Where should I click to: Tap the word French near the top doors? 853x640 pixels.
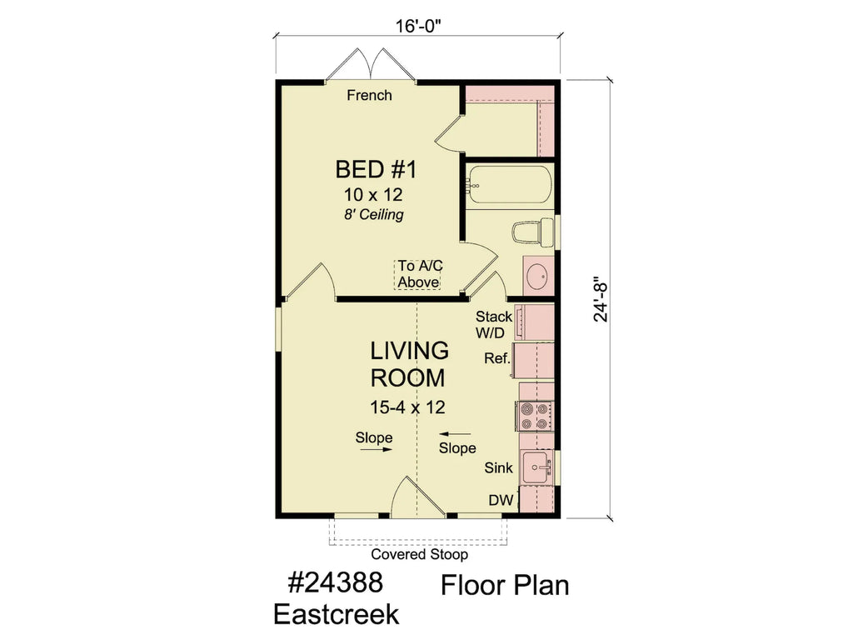tap(369, 96)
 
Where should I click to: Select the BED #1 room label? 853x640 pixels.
tap(375, 170)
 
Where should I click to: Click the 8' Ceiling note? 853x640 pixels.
tap(374, 215)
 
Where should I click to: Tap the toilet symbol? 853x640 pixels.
tap(530, 232)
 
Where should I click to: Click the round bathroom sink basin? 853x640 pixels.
tap(537, 276)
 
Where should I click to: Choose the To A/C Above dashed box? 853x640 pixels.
tap(417, 274)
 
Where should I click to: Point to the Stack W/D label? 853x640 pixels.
tap(493, 325)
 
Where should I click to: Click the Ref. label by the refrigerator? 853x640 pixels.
tap(496, 359)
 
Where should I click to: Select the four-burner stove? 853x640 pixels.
tap(533, 415)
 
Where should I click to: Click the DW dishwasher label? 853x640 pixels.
tap(500, 500)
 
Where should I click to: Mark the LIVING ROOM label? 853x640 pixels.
tap(408, 363)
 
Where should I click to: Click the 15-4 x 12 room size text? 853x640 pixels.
tap(407, 407)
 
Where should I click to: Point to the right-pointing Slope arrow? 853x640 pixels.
tap(375, 449)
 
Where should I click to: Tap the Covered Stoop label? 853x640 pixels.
tap(419, 554)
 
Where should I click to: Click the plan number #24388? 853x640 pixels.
tap(337, 582)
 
